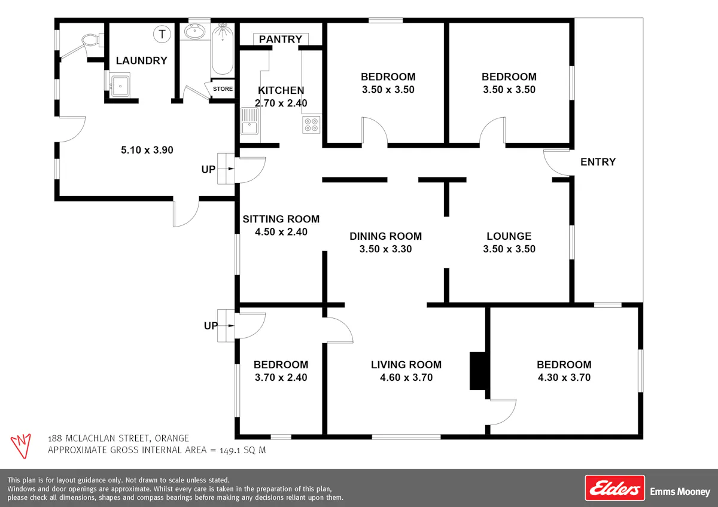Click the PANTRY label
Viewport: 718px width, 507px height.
pyautogui.click(x=281, y=39)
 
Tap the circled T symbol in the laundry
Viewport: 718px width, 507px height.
pyautogui.click(x=162, y=34)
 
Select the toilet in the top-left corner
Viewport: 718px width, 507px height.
pyautogui.click(x=93, y=41)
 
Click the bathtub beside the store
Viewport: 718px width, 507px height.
pyautogui.click(x=222, y=50)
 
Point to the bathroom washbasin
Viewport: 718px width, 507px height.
pyautogui.click(x=195, y=31)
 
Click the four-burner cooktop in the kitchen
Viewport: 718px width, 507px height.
pyautogui.click(x=311, y=124)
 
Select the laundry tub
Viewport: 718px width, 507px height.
pyautogui.click(x=120, y=85)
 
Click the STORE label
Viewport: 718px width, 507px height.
pyautogui.click(x=223, y=88)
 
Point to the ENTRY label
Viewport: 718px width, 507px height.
pyautogui.click(x=598, y=162)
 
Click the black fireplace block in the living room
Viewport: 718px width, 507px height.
pyautogui.click(x=478, y=371)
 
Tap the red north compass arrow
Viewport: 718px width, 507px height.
pyautogui.click(x=21, y=446)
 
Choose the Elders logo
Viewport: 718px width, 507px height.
pyautogui.click(x=615, y=488)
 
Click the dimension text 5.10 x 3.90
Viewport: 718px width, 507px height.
pyautogui.click(x=147, y=150)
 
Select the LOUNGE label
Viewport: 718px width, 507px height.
pyautogui.click(x=509, y=236)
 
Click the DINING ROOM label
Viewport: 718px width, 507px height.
pyautogui.click(x=385, y=236)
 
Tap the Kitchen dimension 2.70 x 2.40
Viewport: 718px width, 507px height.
pyautogui.click(x=281, y=103)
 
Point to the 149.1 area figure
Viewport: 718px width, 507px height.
pyautogui.click(x=230, y=450)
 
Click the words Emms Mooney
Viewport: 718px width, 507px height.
pyautogui.click(x=680, y=491)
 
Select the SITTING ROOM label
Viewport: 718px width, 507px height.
pyautogui.click(x=281, y=219)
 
